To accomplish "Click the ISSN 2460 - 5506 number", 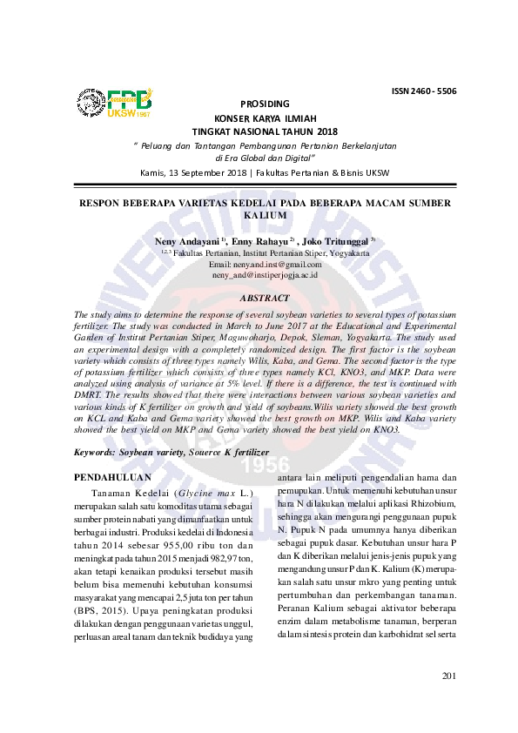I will pos(424,91).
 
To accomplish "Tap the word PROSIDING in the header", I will pos(265,104).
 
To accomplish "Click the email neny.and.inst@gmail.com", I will pos(266,264).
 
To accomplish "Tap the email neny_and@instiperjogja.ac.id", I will pos(265,274).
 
